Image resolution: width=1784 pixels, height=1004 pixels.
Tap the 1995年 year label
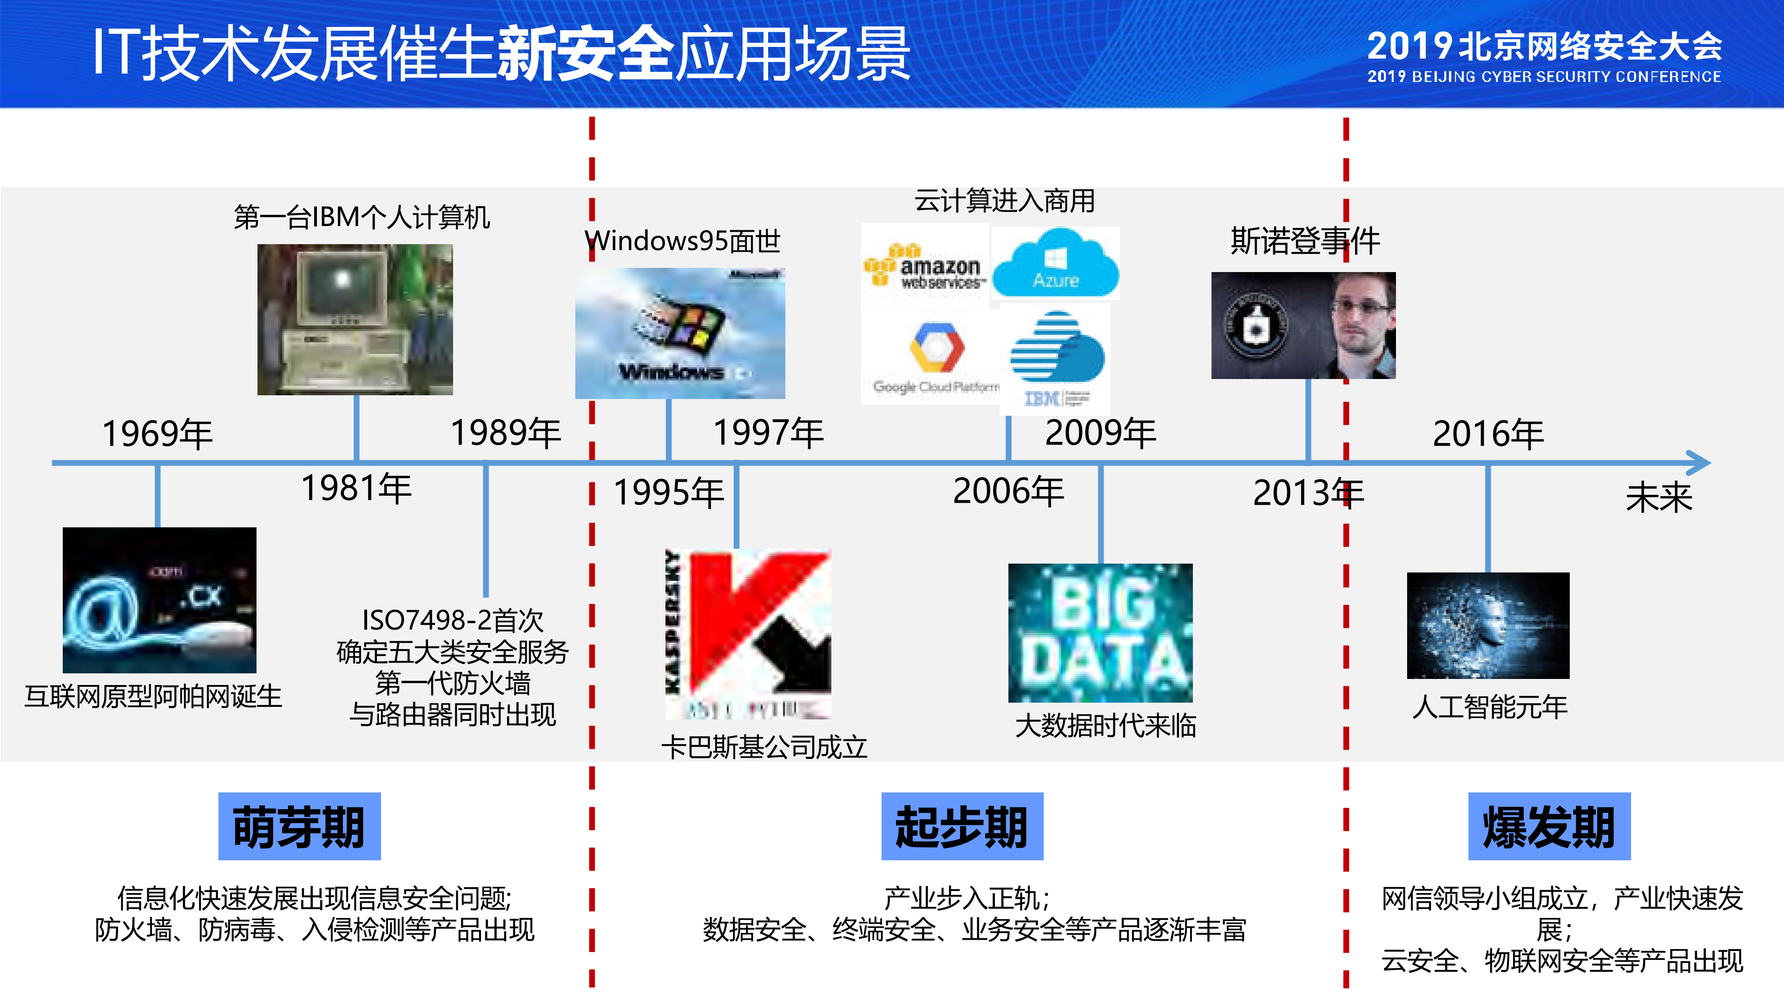click(668, 492)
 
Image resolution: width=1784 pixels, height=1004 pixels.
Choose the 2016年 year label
click(1488, 434)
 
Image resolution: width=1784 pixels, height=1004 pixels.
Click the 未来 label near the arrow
click(1659, 498)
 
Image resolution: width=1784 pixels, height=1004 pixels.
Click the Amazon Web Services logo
click(925, 267)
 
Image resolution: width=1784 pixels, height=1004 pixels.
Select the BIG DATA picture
click(1100, 632)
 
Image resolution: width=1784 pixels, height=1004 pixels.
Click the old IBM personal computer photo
click(355, 319)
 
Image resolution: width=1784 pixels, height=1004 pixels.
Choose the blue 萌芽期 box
click(299, 826)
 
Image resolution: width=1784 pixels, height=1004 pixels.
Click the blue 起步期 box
click(961, 826)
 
